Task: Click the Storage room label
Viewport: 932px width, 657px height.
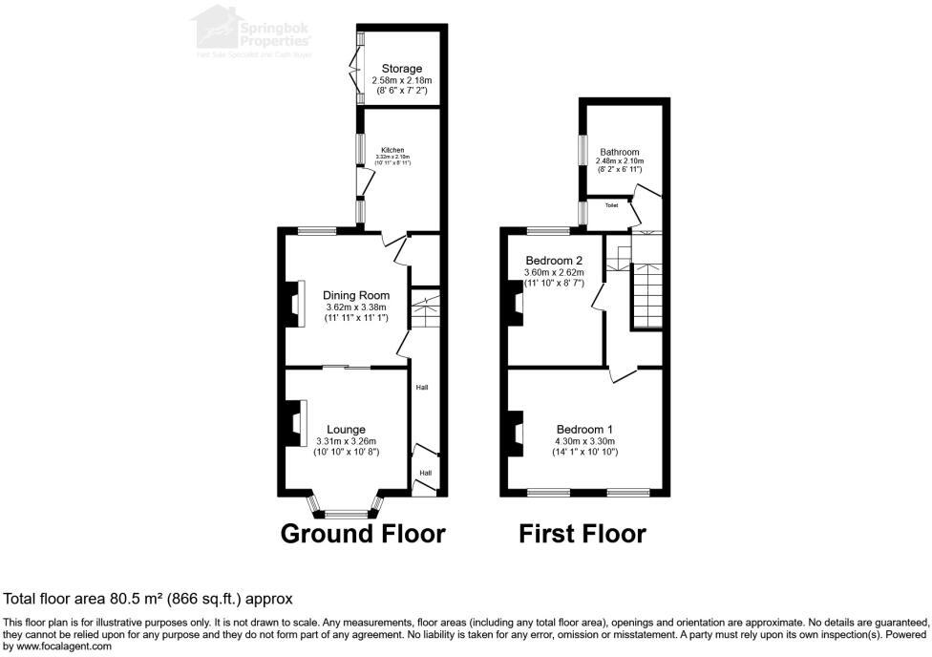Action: coord(402,69)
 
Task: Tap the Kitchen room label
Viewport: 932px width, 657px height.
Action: coord(392,150)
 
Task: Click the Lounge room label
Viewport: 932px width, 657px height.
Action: coord(346,430)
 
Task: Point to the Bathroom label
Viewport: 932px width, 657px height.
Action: coord(620,152)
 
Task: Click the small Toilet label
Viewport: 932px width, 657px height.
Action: coord(611,204)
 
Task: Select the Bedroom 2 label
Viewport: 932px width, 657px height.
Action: coord(554,261)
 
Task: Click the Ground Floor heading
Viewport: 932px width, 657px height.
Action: coord(363,534)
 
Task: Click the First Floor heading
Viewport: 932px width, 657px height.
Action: coord(582,534)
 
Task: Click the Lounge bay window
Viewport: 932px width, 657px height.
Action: coord(346,512)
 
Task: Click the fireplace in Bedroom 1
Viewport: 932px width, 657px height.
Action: coord(517,433)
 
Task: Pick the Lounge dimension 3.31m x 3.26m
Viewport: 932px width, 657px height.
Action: coord(346,442)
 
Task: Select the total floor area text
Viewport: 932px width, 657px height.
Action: coord(148,599)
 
